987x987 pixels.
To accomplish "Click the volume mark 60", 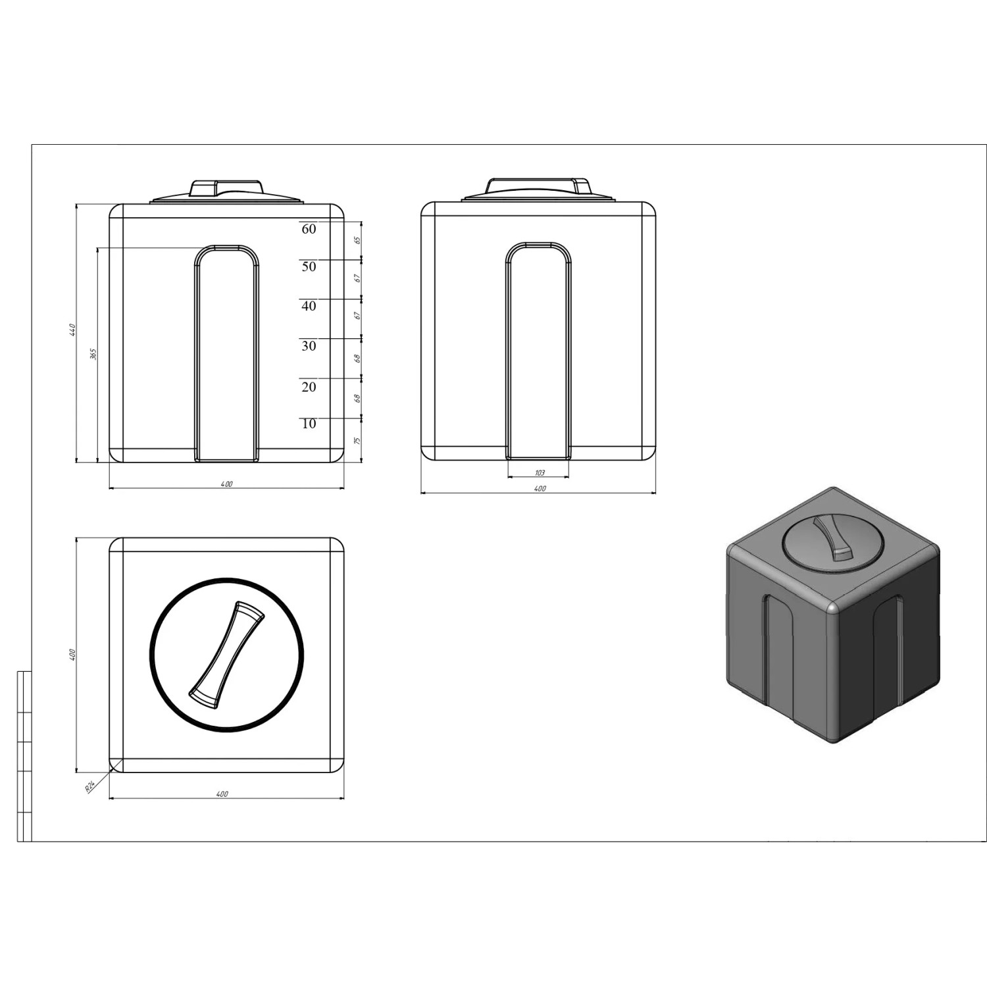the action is pyautogui.click(x=309, y=229).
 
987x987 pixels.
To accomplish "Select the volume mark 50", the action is pyautogui.click(x=309, y=266).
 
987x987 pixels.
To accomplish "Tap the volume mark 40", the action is pyautogui.click(x=309, y=306).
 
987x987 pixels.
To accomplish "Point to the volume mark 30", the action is pyautogui.click(x=309, y=346).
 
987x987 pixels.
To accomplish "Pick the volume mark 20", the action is pyautogui.click(x=309, y=387).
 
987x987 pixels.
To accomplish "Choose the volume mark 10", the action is pyautogui.click(x=309, y=424).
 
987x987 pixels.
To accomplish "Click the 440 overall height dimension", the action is pyautogui.click(x=74, y=330).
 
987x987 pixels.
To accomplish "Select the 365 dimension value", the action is pyautogui.click(x=93, y=354).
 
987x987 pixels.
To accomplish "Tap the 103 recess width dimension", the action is pyautogui.click(x=540, y=472).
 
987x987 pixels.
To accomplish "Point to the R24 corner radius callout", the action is pyautogui.click(x=90, y=786).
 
